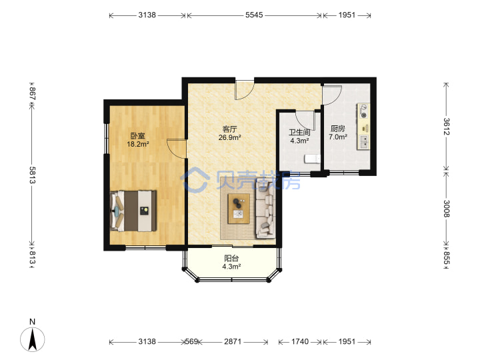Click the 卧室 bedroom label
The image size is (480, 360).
point(138,135)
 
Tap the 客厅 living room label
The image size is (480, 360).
point(229,129)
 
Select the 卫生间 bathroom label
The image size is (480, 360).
point(299,132)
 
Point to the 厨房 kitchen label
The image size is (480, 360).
point(337,129)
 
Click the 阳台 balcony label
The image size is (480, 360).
point(231,259)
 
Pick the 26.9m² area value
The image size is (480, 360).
point(229,137)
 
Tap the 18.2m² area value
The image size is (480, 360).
point(138,144)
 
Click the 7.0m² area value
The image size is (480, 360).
point(338,137)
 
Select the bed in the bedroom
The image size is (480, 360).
point(133,211)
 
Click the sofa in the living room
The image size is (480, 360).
point(265,209)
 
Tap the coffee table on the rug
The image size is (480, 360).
point(239,209)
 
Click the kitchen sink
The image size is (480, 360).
point(364,142)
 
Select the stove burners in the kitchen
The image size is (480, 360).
point(364,111)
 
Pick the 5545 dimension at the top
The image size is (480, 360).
point(254,15)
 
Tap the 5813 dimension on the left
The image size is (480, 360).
point(33,175)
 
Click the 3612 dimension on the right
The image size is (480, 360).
point(446,127)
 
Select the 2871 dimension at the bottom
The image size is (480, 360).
point(233,341)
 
